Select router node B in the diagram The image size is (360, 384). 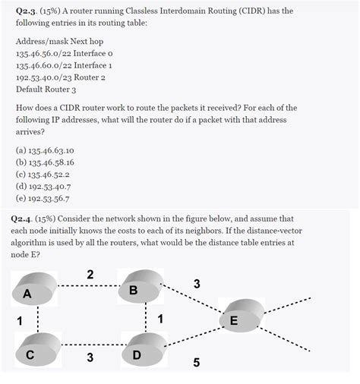[x=142, y=287]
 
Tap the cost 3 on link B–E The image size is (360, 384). [x=197, y=284]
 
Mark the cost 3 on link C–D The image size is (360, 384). [x=90, y=357]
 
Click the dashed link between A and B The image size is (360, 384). [x=90, y=286]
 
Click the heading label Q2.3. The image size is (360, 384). [x=30, y=11]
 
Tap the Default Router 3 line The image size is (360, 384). [x=46, y=88]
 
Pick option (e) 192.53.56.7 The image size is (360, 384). [x=45, y=196]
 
